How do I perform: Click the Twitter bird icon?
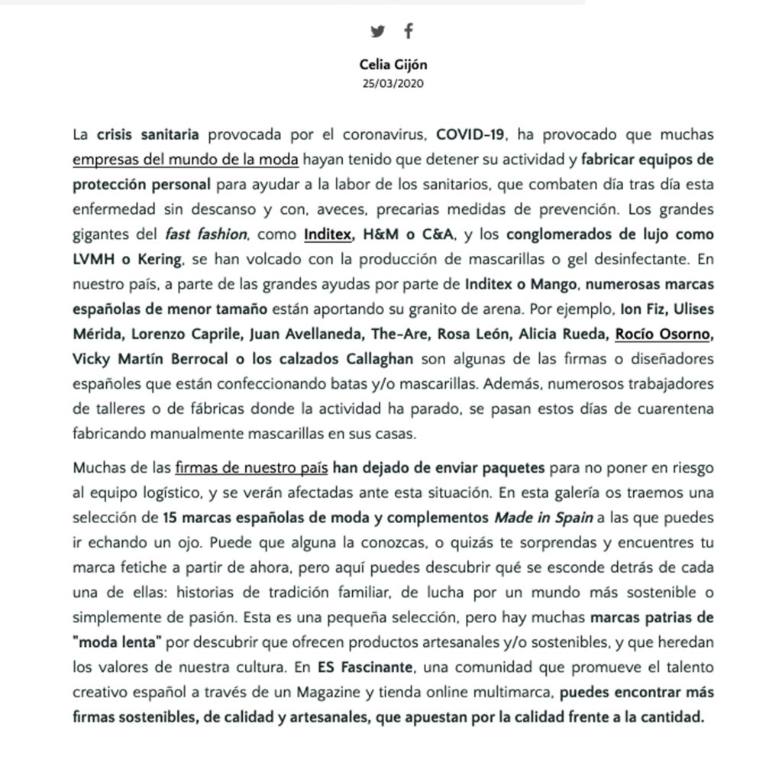coord(377,31)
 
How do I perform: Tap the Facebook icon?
coord(409,31)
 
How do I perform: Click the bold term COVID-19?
coord(470,136)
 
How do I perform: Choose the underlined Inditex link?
coord(330,234)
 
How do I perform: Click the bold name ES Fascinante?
coord(365,666)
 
